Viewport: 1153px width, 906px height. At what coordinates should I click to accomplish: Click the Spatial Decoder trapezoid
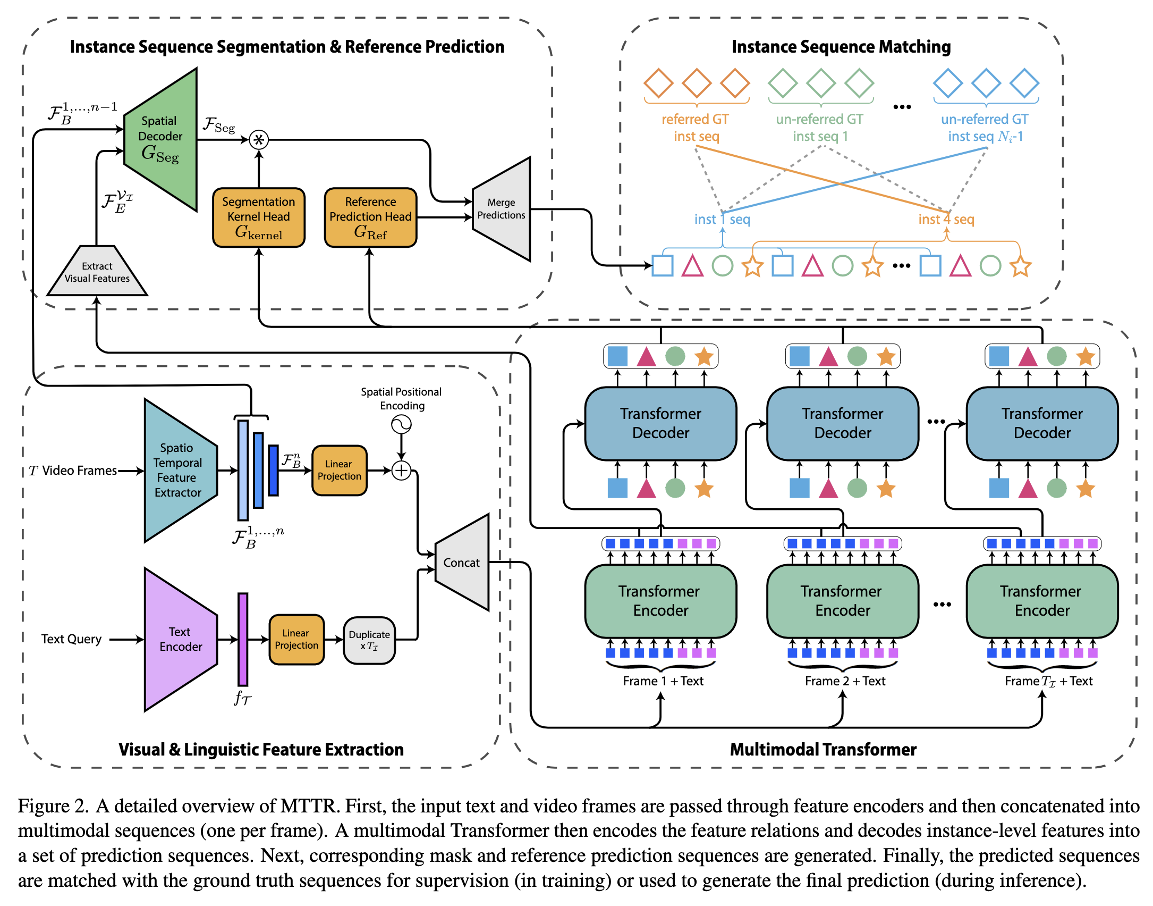160,139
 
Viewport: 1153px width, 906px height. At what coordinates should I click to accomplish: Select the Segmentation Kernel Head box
259,217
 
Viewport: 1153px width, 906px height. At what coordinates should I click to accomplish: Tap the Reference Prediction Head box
370,217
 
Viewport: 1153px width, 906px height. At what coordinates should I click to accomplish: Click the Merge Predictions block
502,209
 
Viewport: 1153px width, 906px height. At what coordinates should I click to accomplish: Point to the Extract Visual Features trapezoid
97,272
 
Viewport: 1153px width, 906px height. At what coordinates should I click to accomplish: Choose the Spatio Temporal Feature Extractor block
179,470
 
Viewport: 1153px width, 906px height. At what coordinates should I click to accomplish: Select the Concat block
462,563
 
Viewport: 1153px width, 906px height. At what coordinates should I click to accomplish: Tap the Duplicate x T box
369,640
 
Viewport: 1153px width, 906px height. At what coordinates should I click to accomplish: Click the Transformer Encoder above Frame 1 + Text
660,601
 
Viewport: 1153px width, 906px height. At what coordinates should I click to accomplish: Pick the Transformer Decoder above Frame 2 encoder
843,423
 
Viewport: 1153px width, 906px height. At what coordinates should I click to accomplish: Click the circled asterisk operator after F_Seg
259,140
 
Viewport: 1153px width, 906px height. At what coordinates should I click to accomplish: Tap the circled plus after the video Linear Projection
402,471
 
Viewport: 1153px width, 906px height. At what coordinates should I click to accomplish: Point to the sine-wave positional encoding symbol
402,424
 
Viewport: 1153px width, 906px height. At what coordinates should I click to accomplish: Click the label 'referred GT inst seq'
696,128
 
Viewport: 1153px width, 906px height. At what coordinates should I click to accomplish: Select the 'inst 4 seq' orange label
946,219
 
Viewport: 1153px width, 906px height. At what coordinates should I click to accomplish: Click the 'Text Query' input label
71,639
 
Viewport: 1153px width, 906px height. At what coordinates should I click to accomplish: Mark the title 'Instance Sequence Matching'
841,47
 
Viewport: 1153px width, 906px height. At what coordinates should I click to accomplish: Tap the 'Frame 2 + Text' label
845,681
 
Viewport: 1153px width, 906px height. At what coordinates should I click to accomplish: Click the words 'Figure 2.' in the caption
53,806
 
